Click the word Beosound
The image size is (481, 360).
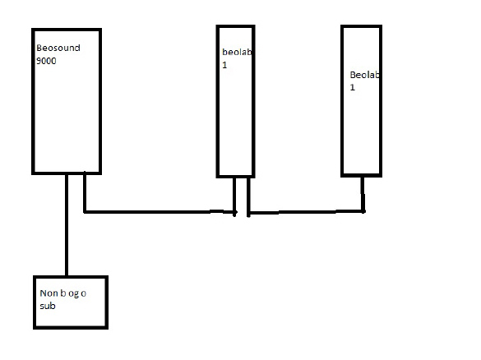58,48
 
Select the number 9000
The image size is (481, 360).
46,61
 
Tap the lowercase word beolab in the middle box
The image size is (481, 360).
237,52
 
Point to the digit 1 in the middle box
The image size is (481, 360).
224,65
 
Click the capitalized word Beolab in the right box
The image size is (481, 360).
364,75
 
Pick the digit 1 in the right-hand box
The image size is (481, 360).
353,87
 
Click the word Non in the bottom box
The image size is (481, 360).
49,293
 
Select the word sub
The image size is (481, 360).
48,306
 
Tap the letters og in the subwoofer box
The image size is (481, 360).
73,294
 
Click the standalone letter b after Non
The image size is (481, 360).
62,293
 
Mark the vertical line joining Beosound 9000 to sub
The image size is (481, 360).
67,225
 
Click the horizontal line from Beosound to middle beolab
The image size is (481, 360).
160,212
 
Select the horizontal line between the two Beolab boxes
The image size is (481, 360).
306,212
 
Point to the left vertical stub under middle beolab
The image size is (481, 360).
234,197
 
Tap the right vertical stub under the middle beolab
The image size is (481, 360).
248,197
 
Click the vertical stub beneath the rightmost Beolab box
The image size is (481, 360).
363,195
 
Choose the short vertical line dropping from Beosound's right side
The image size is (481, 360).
85,192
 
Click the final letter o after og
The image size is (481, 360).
83,294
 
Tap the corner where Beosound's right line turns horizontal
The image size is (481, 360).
85,211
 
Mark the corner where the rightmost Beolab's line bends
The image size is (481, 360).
363,211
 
